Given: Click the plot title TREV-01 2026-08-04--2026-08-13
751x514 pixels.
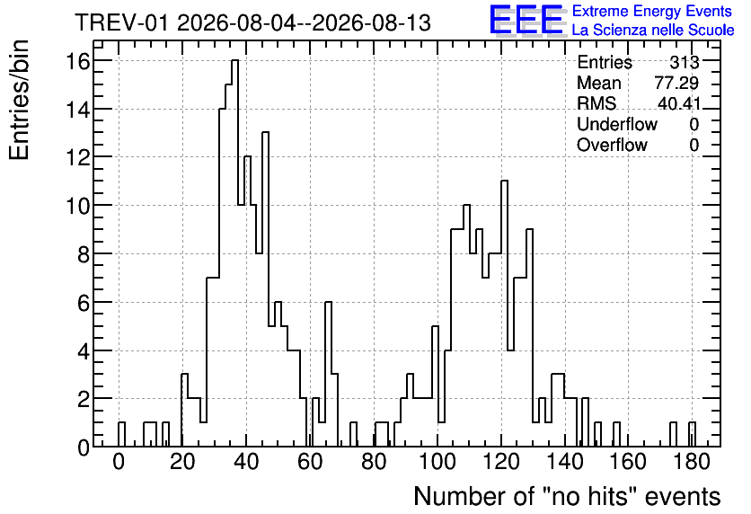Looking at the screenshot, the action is (253, 23).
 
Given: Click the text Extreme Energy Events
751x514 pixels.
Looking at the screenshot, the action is (652, 11).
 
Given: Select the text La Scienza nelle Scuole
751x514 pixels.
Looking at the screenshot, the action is (653, 31).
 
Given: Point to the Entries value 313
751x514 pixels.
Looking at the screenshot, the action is (685, 62).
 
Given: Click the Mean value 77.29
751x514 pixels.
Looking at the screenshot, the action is (676, 83).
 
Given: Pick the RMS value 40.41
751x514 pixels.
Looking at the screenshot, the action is (678, 103).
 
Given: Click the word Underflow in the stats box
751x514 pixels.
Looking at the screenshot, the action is (617, 124).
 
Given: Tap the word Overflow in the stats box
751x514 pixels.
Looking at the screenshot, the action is (612, 145).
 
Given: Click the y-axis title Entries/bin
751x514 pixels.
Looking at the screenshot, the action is (19, 100).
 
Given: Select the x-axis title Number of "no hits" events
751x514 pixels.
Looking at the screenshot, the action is (567, 497).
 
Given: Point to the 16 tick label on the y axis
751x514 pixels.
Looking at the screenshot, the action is (78, 61).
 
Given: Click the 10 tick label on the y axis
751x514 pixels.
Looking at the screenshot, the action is (78, 206).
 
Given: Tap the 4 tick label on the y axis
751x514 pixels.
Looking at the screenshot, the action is (84, 350).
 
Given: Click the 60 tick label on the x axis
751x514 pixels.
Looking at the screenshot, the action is (310, 462).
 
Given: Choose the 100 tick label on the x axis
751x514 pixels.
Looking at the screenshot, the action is (437, 462).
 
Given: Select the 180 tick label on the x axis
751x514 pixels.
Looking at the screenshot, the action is (692, 462).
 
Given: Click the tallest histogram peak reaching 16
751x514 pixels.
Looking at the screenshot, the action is (234, 60).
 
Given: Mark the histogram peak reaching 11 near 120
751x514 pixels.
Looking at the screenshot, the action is (504, 182).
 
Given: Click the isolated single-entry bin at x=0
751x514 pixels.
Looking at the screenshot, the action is (121, 422).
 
